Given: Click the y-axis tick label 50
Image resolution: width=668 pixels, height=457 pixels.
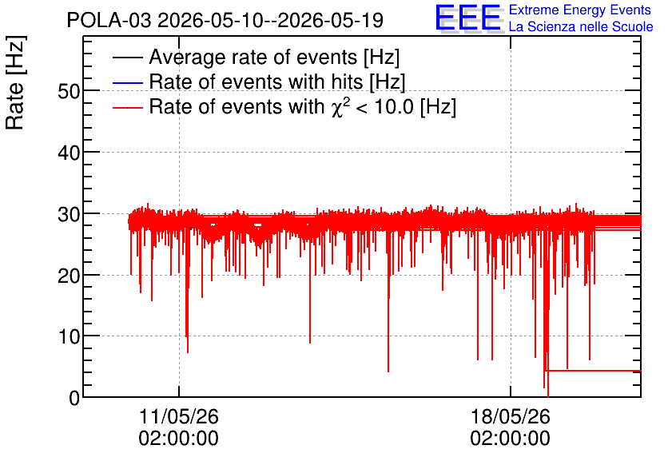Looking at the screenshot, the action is tap(69, 91).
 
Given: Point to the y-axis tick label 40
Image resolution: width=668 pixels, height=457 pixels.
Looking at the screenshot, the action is tap(69, 153).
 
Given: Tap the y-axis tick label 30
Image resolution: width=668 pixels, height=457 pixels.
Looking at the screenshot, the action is tap(69, 214).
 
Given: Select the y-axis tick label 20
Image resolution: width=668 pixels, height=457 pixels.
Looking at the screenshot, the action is tap(69, 276).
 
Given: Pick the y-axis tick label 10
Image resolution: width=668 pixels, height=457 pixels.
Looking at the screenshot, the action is tap(69, 337).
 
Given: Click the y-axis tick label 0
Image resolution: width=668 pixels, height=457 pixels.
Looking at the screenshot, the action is tap(74, 398).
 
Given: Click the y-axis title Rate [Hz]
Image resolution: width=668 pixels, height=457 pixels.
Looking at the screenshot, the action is tap(15, 82).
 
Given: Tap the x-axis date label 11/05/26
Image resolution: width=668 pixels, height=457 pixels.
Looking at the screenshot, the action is tap(179, 416).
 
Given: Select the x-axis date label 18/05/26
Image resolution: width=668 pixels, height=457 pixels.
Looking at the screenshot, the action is tap(511, 416).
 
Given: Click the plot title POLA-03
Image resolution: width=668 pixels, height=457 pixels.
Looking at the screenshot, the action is tap(109, 20).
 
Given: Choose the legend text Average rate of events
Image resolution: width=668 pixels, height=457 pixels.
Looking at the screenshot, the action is tap(253, 57).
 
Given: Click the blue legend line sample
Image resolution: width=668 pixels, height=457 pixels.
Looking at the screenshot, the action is tap(127, 82).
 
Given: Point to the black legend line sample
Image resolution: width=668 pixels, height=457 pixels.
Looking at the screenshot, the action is tap(127, 58).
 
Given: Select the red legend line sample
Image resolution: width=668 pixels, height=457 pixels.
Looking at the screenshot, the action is tap(127, 108).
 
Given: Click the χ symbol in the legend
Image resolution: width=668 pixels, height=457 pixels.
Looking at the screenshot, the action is tap(336, 109).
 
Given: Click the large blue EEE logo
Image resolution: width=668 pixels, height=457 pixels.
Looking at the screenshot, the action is tap(467, 18).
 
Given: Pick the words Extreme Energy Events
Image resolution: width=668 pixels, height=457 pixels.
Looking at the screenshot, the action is tap(580, 10).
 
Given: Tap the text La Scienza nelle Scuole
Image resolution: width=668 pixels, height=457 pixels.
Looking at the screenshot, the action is tap(581, 27).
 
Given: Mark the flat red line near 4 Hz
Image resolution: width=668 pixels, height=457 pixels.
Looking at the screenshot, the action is tap(594, 371).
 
